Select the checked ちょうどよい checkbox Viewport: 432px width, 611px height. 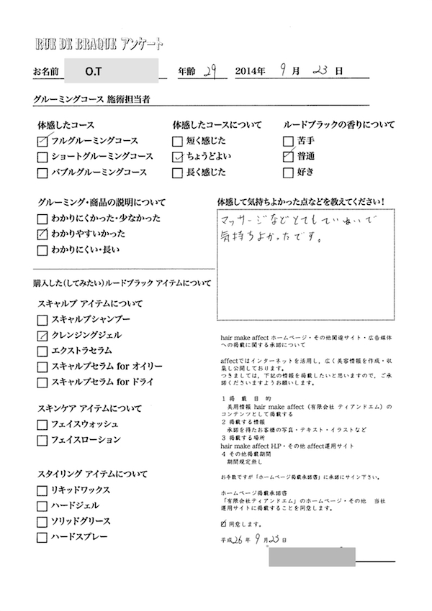(x=177, y=157)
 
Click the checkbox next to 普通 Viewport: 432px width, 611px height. (x=289, y=157)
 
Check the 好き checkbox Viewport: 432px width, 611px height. (x=289, y=173)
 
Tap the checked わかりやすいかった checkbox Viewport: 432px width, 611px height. (x=42, y=234)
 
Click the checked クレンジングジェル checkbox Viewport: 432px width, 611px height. (x=42, y=336)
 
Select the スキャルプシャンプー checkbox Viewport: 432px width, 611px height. (x=42, y=320)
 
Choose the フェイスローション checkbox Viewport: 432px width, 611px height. (x=42, y=440)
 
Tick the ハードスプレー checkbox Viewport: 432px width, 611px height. (x=42, y=538)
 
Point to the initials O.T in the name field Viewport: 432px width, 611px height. (x=93, y=72)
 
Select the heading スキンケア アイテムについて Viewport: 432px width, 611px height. (x=88, y=408)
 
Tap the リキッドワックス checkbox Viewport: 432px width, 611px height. (x=42, y=490)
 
